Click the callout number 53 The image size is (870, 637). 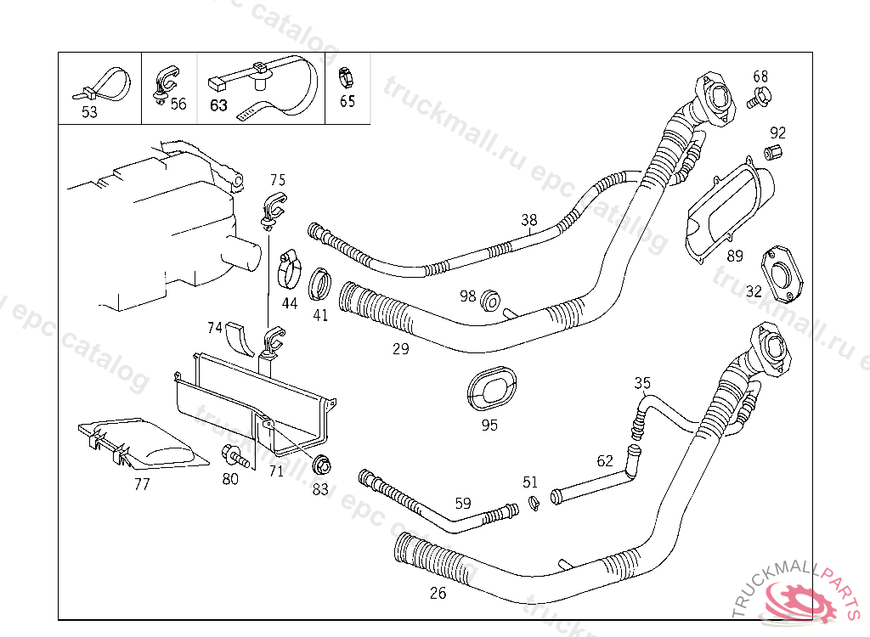click(89, 111)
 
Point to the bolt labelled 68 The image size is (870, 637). click(758, 99)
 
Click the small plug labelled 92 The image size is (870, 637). click(772, 154)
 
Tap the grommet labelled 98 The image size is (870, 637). click(490, 302)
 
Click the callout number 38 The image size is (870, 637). click(529, 220)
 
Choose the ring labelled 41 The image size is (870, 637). click(320, 284)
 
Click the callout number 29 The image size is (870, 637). click(400, 348)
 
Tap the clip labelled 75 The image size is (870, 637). click(273, 209)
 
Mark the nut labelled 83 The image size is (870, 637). click(322, 465)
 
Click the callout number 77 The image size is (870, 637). click(142, 484)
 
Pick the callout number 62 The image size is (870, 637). click(605, 461)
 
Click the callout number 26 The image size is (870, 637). click(438, 594)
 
